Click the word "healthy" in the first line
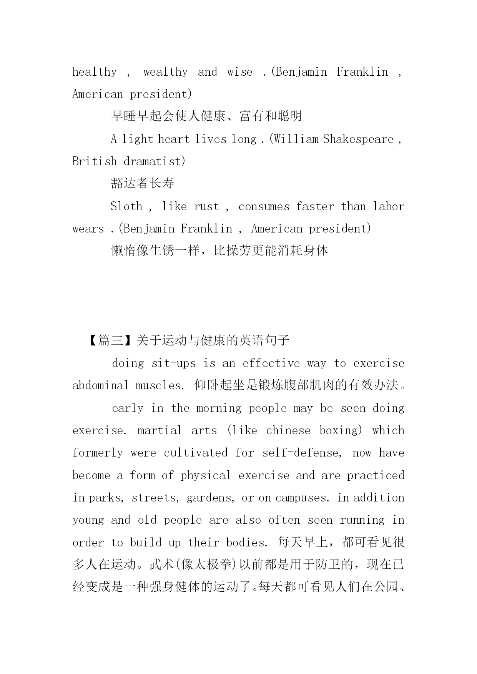coord(95,72)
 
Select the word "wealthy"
coord(165,72)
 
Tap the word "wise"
coord(239,72)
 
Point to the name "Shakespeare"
coord(358,139)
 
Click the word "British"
coord(95,161)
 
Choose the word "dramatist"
coord(155,161)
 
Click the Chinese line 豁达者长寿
coord(143,183)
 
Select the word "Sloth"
coord(126,207)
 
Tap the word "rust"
coord(206,207)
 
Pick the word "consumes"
coord(264,207)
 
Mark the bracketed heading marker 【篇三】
coord(111,340)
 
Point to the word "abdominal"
coord(101,386)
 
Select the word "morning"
coord(219,408)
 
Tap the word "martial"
coord(160,430)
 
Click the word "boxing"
coord(341,430)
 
